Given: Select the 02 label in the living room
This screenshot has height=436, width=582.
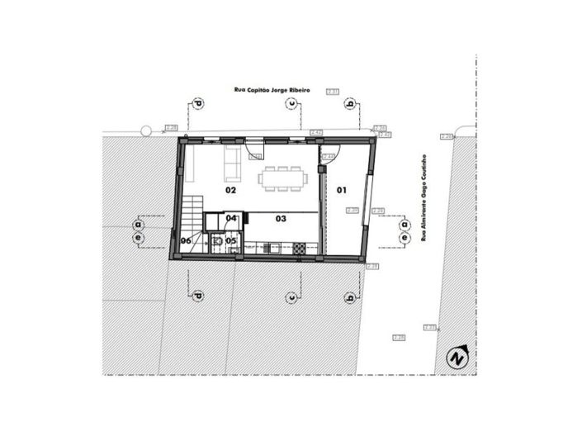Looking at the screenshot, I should pyautogui.click(x=232, y=191).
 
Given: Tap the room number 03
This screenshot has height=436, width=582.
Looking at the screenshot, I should pyautogui.click(x=281, y=219).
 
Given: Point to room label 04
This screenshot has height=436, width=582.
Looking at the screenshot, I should pyautogui.click(x=231, y=219).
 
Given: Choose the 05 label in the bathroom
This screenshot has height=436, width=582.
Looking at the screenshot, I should pyautogui.click(x=231, y=241).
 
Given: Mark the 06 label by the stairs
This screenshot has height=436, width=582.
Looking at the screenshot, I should pyautogui.click(x=187, y=241).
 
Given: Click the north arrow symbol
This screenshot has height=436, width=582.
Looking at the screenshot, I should pyautogui.click(x=457, y=357).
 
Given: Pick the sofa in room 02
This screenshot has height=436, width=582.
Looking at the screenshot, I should pyautogui.click(x=233, y=164).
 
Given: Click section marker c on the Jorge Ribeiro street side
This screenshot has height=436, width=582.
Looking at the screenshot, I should pyautogui.click(x=291, y=104).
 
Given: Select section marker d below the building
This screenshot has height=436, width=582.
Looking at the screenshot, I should pyautogui.click(x=197, y=296).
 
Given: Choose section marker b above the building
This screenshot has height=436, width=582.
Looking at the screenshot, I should pyautogui.click(x=351, y=104).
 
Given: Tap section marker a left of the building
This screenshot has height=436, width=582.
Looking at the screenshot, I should pyautogui.click(x=138, y=224).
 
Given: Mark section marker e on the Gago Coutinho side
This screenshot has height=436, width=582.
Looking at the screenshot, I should pyautogui.click(x=405, y=237).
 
